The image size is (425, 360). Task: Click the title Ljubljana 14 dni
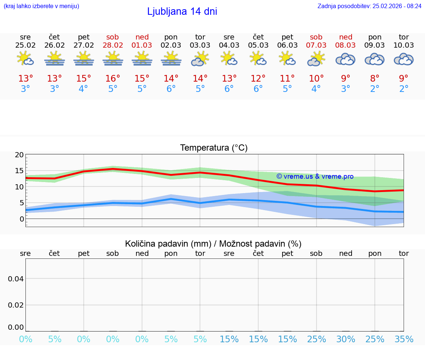tap(182, 11)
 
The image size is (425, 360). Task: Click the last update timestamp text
tap(369, 6)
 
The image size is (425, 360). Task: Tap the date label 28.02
tap(113, 45)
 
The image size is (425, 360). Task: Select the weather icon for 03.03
tap(200, 59)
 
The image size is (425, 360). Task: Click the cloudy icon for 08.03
tap(345, 59)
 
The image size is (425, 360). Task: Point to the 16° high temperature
tap(113, 79)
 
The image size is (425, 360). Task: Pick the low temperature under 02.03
tap(171, 89)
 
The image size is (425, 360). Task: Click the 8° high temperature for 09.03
tap(375, 79)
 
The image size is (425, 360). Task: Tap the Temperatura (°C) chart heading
tap(214, 148)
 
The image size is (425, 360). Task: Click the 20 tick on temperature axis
tap(19, 155)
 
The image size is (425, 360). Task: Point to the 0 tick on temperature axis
tap(22, 219)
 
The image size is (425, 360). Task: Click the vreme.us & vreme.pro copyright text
tap(315, 176)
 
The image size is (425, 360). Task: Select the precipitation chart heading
tap(213, 244)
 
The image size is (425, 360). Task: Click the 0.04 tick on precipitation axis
tap(16, 278)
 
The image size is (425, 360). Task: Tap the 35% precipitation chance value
tap(404, 339)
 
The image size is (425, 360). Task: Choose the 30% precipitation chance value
tap(346, 339)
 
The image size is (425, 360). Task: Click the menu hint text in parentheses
tap(41, 6)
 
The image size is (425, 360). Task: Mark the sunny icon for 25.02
tap(25, 59)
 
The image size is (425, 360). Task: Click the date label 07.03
tap(316, 45)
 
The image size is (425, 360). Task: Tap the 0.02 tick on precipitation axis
tap(16, 305)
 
